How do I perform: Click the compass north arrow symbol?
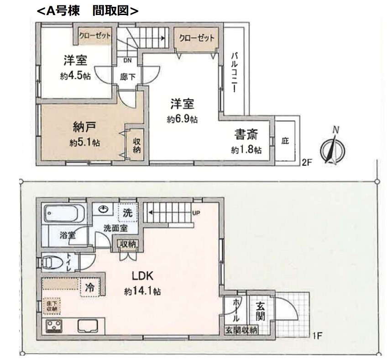(333, 149)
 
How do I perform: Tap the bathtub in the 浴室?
(64, 213)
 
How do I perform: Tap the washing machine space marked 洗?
(128, 212)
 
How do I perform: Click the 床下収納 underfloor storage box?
(52, 306)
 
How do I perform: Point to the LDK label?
(142, 276)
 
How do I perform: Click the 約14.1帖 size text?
(142, 291)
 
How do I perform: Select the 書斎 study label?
(246, 135)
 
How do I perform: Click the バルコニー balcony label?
(234, 72)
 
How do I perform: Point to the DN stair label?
(128, 60)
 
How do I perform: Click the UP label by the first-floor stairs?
(196, 213)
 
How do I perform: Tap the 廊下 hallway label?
(127, 76)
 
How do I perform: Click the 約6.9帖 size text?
(182, 119)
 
